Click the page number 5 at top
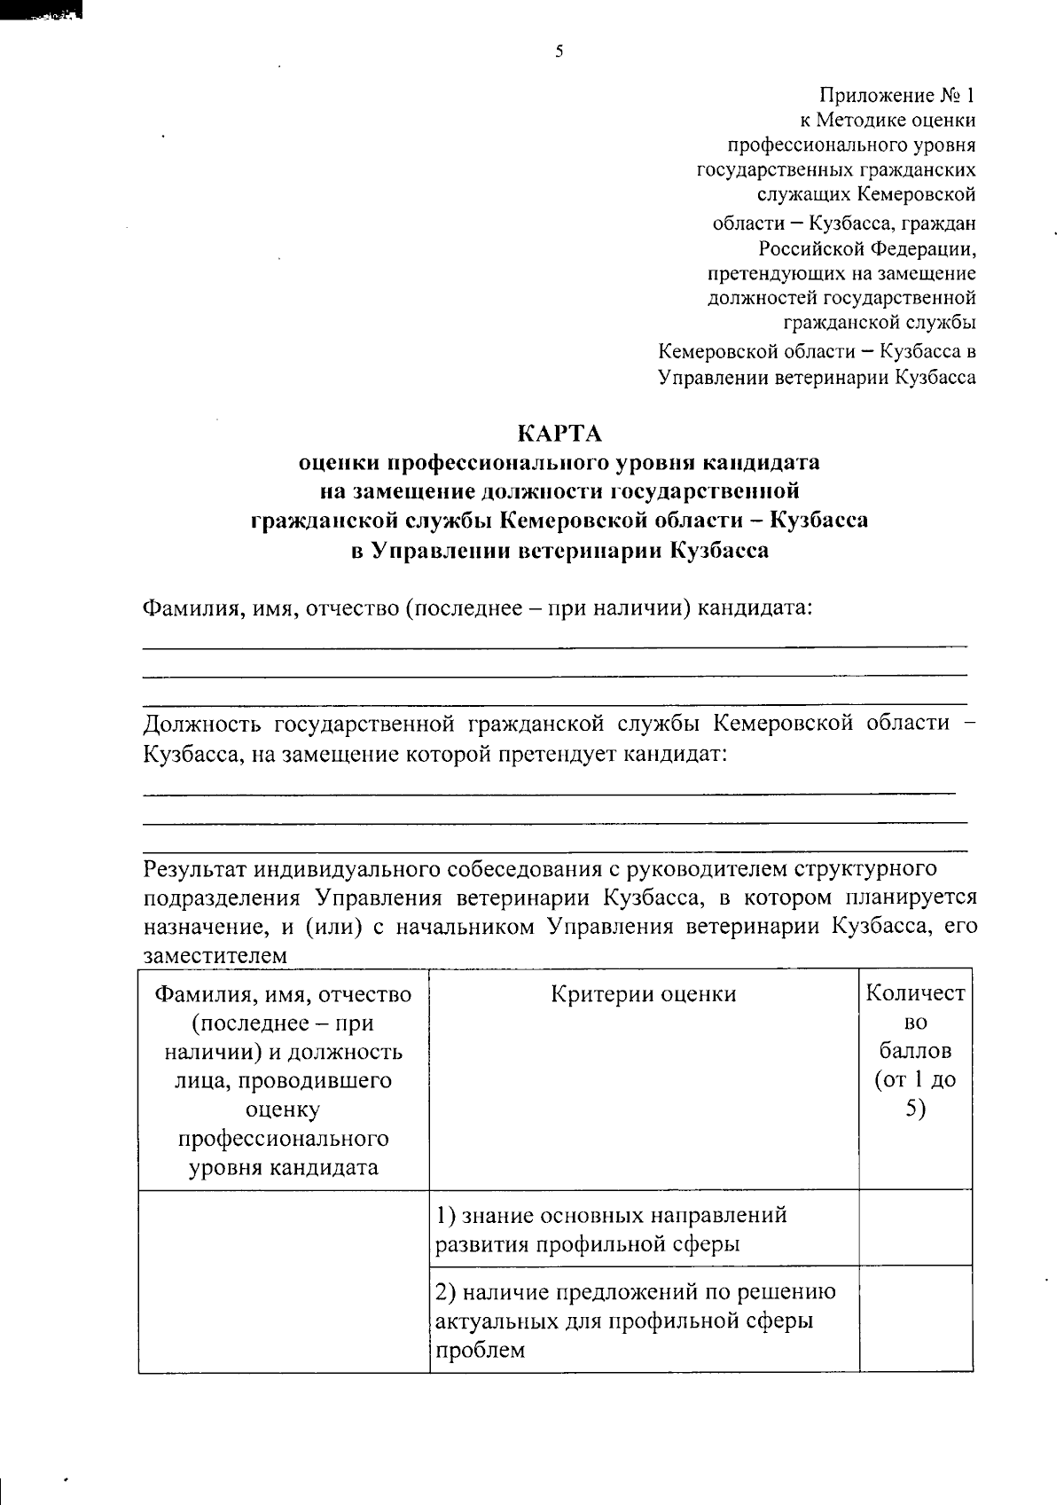[x=559, y=51]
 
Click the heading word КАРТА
[x=559, y=434]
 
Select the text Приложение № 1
[x=897, y=95]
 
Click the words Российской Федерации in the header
[x=866, y=248]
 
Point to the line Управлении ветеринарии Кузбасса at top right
[x=817, y=377]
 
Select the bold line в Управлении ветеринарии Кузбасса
[x=559, y=550]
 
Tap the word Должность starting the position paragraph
[x=202, y=723]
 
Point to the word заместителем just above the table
[x=215, y=956]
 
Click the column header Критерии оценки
[x=644, y=994]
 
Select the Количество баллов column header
[x=915, y=1051]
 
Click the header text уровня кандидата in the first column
[x=284, y=1167]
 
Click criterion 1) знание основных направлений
[x=611, y=1215]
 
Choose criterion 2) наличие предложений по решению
[x=635, y=1292]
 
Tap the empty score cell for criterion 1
[x=915, y=1227]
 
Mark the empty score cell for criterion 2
[x=915, y=1319]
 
